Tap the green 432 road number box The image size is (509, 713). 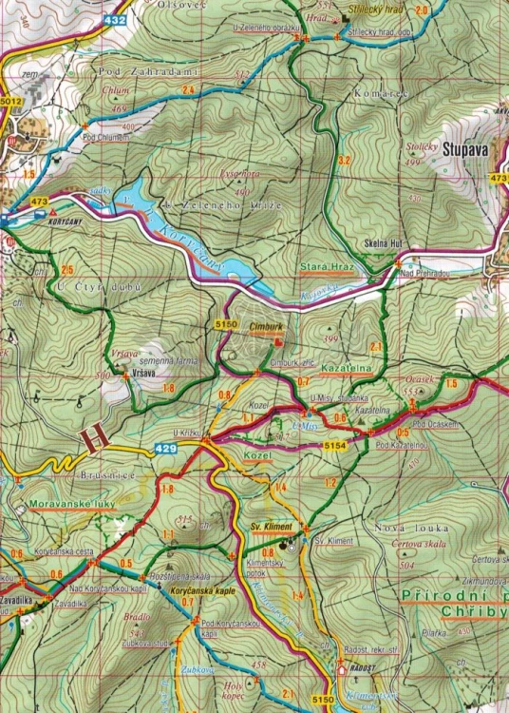tap(116, 19)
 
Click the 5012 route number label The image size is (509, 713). tap(11, 100)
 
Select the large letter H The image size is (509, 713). tap(94, 436)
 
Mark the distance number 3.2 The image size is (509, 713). tap(344, 160)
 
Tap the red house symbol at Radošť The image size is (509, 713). tap(343, 668)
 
